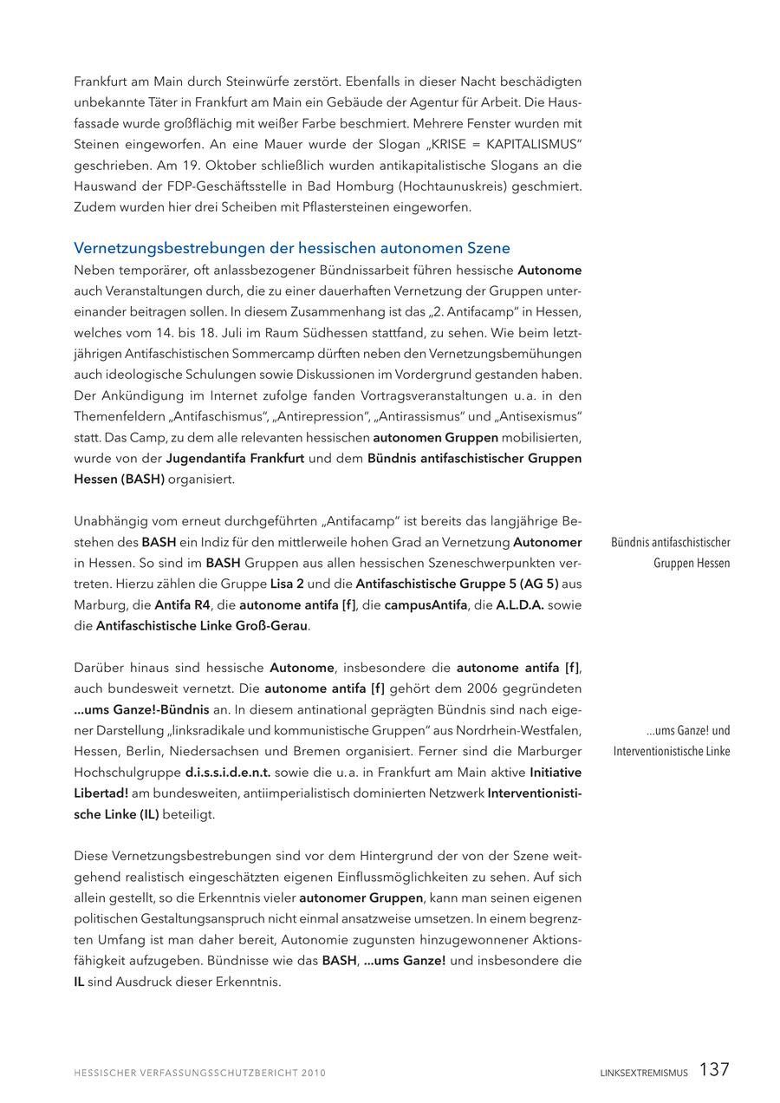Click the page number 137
click(x=714, y=1070)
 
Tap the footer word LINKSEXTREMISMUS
click(x=644, y=1073)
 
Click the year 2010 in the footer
click(x=314, y=1073)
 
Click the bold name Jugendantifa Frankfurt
click(x=235, y=457)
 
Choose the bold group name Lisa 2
click(x=289, y=584)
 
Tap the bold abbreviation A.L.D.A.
click(x=520, y=604)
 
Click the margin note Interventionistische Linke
click(x=672, y=751)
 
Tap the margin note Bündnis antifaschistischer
click(x=671, y=543)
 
